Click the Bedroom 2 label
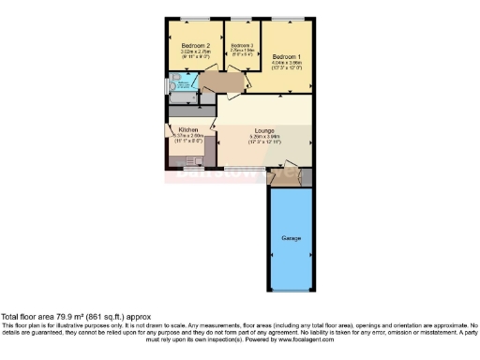pos(195,45)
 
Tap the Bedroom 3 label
pos(241,45)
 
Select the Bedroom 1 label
pos(286,57)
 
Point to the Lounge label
pos(264,131)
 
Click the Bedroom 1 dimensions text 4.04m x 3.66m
pos(286,64)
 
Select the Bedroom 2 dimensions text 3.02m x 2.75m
pos(195,52)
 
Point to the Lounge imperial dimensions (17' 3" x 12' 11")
pos(264,143)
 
